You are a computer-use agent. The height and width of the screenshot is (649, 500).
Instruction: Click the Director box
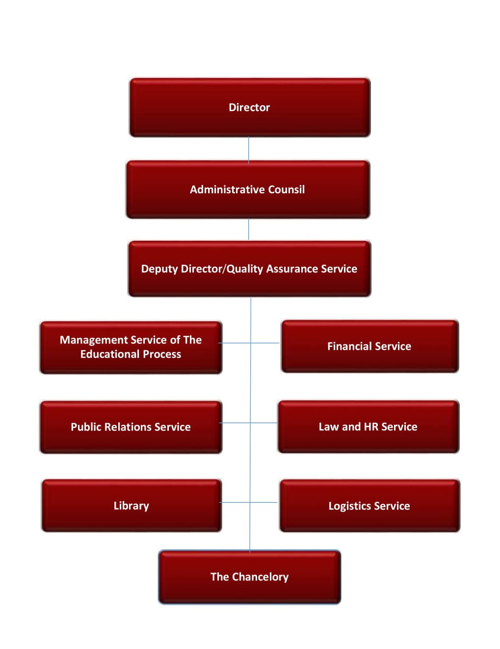(250, 107)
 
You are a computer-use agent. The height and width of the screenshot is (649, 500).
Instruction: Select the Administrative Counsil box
(248, 189)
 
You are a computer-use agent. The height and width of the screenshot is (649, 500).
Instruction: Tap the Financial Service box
(370, 346)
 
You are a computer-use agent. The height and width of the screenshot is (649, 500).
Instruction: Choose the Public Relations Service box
(131, 427)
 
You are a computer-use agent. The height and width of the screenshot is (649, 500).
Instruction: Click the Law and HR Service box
(368, 426)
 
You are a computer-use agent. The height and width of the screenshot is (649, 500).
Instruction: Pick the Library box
(132, 505)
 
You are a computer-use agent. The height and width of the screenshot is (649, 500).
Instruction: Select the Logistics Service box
(370, 506)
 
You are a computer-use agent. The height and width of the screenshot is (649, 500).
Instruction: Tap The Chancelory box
(249, 577)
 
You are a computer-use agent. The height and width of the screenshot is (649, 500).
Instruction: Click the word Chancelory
(260, 577)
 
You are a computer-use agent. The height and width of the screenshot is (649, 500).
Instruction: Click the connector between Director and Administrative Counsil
(248, 149)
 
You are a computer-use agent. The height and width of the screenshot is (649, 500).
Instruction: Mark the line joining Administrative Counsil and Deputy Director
(248, 230)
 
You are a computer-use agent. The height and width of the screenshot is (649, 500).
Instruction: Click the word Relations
(128, 427)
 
